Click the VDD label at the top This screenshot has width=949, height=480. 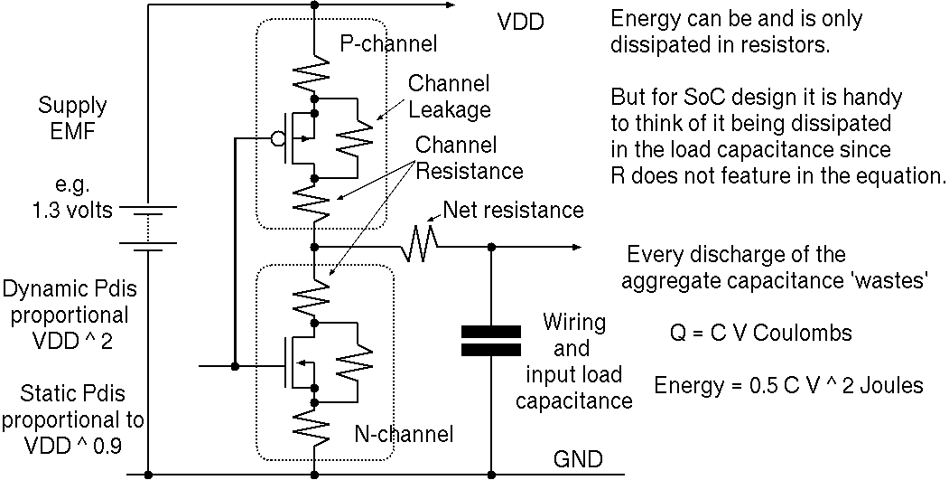tap(522, 21)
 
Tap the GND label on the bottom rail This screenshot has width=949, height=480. tap(577, 459)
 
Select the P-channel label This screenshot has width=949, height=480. tap(388, 43)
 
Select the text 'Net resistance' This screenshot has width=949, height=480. tap(513, 211)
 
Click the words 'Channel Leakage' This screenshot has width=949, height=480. tap(449, 97)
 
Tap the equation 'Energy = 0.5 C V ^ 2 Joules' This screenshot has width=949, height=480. tap(788, 385)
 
